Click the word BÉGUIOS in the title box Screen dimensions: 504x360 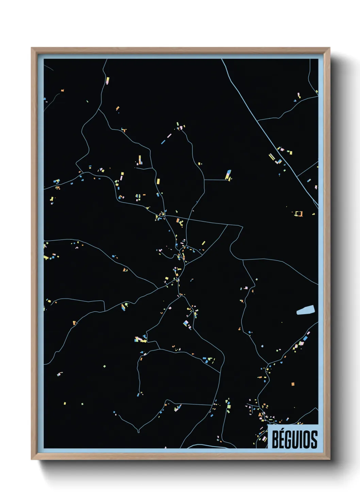(294, 439)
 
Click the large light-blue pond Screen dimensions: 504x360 (305, 310)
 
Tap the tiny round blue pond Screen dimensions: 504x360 (262, 346)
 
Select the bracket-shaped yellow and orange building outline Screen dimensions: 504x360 (298, 214)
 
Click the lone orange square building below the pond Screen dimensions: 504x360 (293, 384)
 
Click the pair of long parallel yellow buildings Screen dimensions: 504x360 (272, 157)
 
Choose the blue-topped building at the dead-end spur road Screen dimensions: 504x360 (228, 174)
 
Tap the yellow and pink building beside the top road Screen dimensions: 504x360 (108, 81)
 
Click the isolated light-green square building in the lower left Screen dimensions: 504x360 (104, 366)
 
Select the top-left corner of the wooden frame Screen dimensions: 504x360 (32, 48)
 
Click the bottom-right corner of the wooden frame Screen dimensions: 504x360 (329, 459)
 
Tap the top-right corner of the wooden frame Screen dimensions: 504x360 (329, 48)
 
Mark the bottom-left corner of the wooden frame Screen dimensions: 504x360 (32, 459)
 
